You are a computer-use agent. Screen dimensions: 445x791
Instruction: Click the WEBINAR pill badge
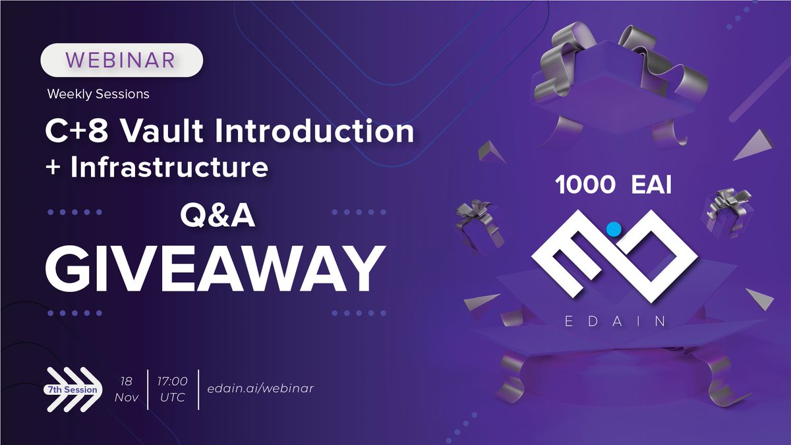click(x=122, y=61)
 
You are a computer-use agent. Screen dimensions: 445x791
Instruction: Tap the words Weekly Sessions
click(x=98, y=94)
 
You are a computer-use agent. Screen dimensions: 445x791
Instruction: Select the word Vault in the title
click(x=156, y=132)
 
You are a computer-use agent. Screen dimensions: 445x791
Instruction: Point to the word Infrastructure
click(x=169, y=167)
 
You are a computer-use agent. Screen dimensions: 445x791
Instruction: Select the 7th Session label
click(x=72, y=390)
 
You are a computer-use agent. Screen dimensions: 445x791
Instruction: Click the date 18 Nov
click(x=127, y=390)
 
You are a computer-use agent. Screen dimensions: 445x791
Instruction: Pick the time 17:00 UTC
click(x=172, y=390)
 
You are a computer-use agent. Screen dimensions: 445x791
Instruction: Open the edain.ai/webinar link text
click(x=260, y=388)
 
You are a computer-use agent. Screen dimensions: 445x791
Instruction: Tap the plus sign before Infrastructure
click(x=53, y=168)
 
